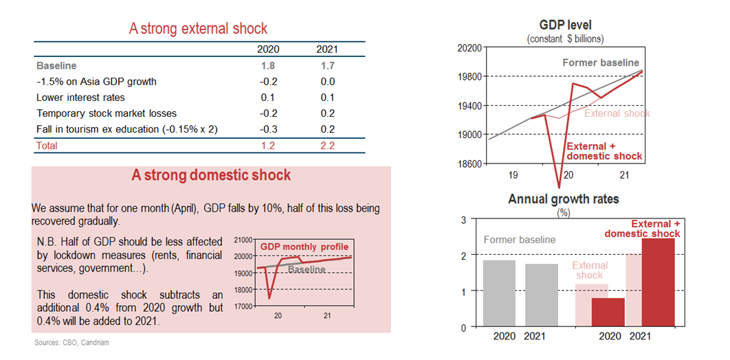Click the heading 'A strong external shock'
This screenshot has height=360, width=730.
(x=198, y=28)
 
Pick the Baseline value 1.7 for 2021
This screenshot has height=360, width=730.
(x=327, y=66)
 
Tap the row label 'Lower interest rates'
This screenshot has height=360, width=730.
(x=80, y=98)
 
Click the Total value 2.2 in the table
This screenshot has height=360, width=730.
(x=327, y=146)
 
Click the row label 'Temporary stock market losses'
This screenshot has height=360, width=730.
(x=106, y=113)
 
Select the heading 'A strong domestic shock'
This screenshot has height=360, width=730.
(x=211, y=175)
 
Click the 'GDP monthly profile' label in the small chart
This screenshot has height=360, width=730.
(x=304, y=247)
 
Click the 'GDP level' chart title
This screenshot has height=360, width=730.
(x=566, y=25)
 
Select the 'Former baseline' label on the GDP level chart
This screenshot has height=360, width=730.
(x=600, y=63)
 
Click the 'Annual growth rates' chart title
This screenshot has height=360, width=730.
(x=563, y=199)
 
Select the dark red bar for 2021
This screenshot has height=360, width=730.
(x=657, y=282)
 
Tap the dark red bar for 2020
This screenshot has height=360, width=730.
(x=608, y=312)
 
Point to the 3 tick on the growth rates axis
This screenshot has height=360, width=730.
(x=463, y=220)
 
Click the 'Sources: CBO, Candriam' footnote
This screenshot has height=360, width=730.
(x=71, y=342)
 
